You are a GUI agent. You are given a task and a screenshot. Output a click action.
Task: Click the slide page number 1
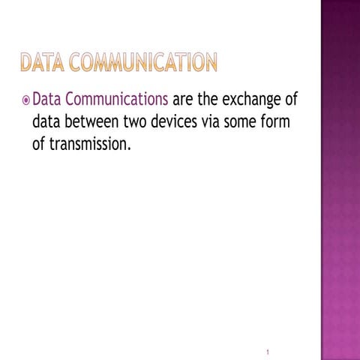[x=268, y=331]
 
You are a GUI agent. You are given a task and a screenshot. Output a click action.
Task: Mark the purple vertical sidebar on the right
[x=340, y=180]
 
